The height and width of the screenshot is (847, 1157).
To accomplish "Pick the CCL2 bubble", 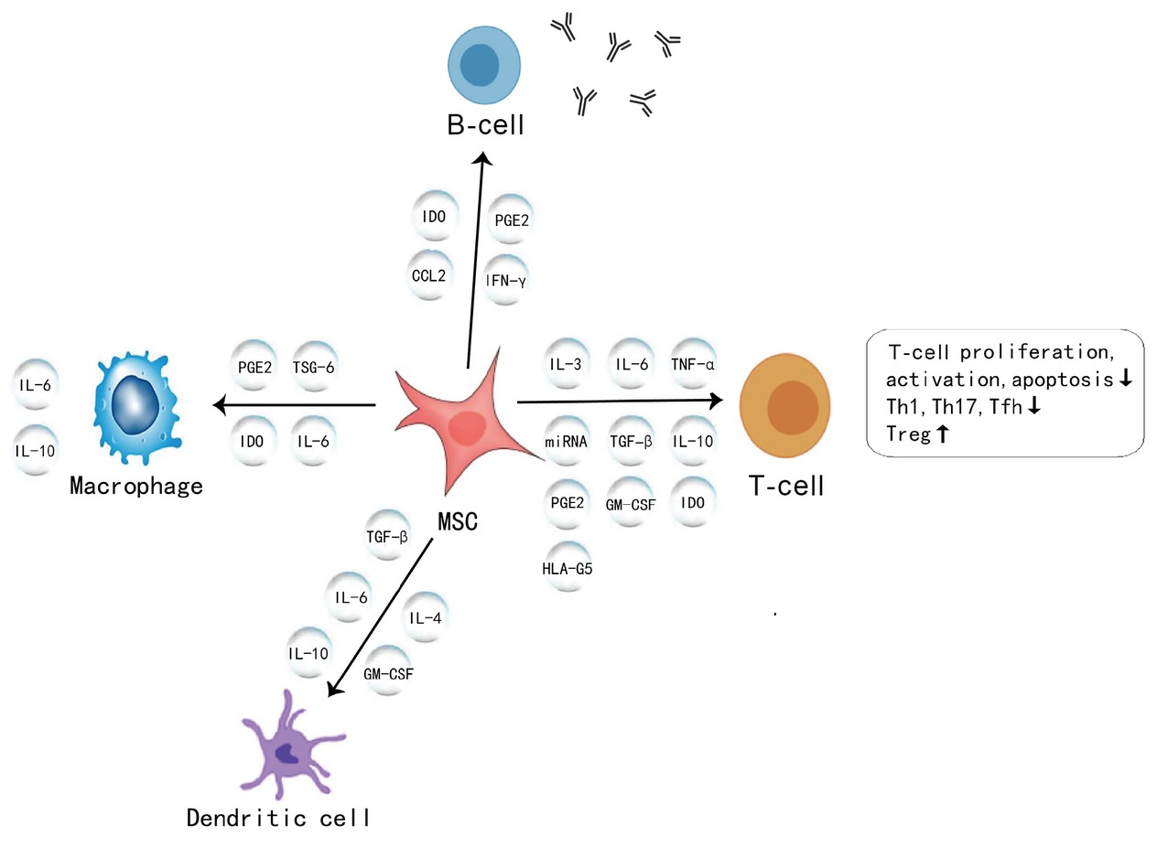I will pos(428,274).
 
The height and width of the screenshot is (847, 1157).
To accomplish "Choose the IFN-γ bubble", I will pos(505,281).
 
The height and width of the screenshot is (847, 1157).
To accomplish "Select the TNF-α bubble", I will pos(693,364).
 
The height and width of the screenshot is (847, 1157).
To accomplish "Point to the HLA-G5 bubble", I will pos(567,568).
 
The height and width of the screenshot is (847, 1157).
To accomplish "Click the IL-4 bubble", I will pos(427,618).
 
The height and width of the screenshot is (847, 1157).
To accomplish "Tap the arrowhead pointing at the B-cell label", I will pos(483,159).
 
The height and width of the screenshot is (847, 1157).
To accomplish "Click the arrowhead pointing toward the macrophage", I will pos(220,404).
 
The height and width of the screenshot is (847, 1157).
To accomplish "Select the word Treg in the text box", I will pos(908,434).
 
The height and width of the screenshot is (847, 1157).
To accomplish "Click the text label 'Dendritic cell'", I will pos(278,817).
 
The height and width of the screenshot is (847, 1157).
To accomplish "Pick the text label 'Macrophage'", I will pos(136,485).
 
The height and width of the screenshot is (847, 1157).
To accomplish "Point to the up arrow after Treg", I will pos(941,434).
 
